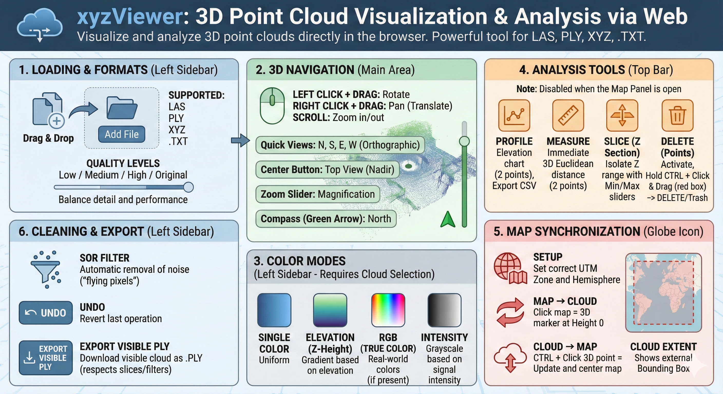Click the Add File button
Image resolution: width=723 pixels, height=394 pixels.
pyautogui.click(x=121, y=134)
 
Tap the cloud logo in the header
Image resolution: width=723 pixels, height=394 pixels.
pyautogui.click(x=40, y=25)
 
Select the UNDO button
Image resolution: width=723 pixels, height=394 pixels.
pyautogui.click(x=46, y=313)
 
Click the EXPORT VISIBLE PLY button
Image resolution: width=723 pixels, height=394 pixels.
pyautogui.click(x=46, y=358)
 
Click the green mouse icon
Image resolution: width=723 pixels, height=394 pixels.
pyautogui.click(x=272, y=106)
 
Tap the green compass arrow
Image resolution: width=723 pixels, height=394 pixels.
pyautogui.click(x=448, y=219)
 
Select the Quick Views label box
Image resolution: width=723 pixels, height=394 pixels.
pyautogui.click(x=340, y=145)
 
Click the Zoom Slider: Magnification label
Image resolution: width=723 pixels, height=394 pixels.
pyautogui.click(x=318, y=194)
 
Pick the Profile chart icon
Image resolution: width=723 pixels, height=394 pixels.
pyautogui.click(x=514, y=115)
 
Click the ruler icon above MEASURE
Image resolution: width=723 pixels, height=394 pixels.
pyautogui.click(x=568, y=115)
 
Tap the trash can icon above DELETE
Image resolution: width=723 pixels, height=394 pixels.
pyautogui.click(x=678, y=115)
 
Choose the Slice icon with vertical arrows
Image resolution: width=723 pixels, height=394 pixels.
pyautogui.click(x=622, y=115)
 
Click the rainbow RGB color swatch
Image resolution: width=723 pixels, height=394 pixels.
pyautogui.click(x=388, y=310)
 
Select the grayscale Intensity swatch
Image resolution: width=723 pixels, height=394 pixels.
pyautogui.click(x=445, y=310)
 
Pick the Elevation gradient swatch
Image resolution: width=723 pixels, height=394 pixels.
pyautogui.click(x=330, y=310)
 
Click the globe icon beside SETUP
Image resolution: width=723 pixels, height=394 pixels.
pyautogui.click(x=510, y=269)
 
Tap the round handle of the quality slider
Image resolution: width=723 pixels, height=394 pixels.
pyautogui.click(x=188, y=187)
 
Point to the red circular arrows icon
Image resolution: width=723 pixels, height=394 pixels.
pyautogui.click(x=510, y=312)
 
